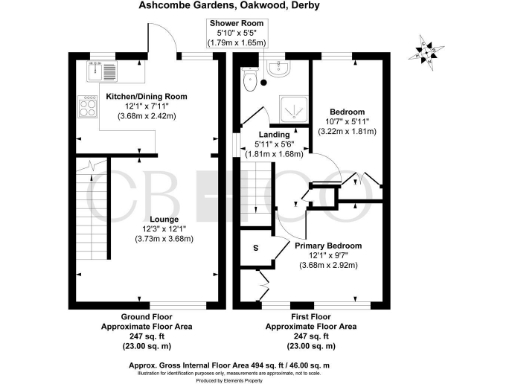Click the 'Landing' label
(x=274, y=134)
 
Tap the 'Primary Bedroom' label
(x=328, y=244)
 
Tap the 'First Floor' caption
(x=297, y=315)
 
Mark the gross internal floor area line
(x=256, y=364)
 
